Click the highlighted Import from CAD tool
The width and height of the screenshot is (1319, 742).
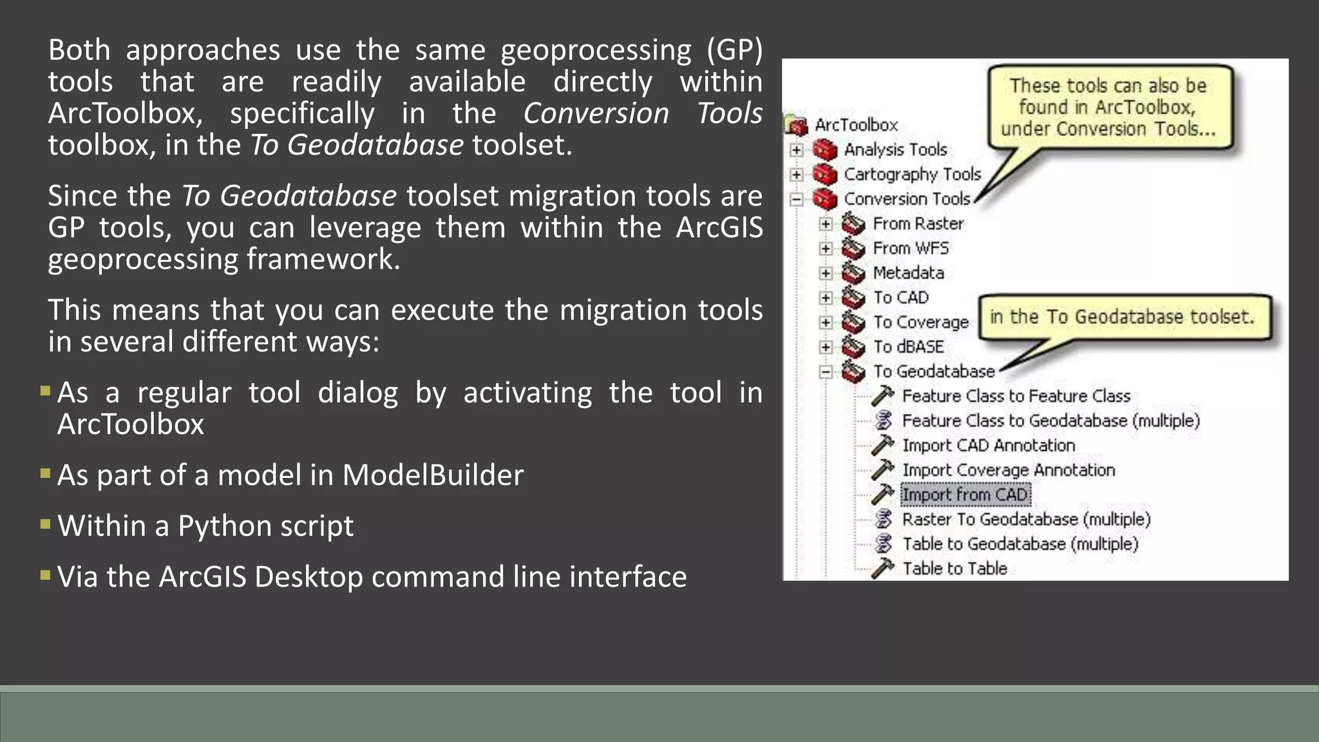click(x=965, y=495)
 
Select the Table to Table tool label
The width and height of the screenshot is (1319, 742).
click(x=954, y=569)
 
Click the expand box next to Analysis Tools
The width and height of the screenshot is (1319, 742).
click(x=797, y=150)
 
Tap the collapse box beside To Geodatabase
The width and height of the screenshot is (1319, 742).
click(x=826, y=372)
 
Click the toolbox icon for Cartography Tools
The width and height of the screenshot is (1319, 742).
click(x=825, y=175)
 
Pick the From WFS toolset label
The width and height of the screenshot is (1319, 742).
click(x=911, y=248)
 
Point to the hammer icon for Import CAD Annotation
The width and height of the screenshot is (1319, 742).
click(x=883, y=445)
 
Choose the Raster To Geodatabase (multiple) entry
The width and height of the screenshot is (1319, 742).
click(x=1026, y=519)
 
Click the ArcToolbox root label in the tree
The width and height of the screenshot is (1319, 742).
click(x=856, y=125)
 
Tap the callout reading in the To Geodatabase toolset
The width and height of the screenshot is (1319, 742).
click(x=1123, y=317)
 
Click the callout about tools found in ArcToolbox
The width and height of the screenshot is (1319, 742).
click(x=1109, y=107)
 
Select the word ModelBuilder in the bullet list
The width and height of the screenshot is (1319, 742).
click(x=433, y=475)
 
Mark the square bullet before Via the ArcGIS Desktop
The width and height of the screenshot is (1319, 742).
click(x=45, y=575)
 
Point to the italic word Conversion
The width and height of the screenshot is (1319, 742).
click(x=596, y=113)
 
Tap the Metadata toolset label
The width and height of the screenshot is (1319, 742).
click(x=908, y=273)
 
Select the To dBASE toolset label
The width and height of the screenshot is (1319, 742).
click(x=908, y=347)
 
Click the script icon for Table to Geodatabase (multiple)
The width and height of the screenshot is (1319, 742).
click(x=884, y=544)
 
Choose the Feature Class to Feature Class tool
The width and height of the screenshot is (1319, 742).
click(x=1016, y=396)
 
